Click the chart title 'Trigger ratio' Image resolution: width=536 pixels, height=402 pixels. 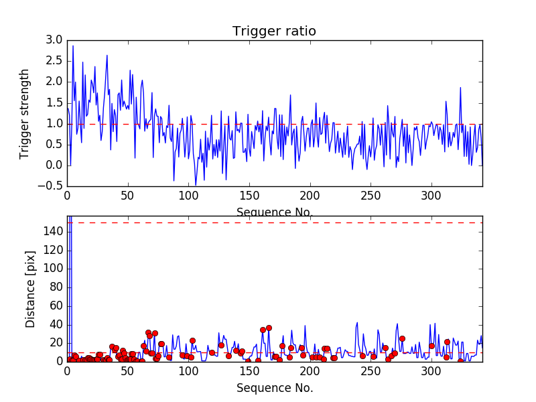click(274, 31)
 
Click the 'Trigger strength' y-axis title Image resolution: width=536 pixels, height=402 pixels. click(25, 113)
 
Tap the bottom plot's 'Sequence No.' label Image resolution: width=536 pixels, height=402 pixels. click(275, 388)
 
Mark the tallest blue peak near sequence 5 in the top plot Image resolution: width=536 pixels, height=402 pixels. click(73, 46)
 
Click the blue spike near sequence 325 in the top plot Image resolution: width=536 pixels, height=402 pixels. click(461, 88)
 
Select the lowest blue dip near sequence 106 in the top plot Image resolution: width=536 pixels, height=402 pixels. click(196, 184)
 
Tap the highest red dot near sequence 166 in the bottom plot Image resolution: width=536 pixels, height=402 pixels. click(269, 328)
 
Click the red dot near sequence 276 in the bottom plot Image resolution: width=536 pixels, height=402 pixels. click(402, 338)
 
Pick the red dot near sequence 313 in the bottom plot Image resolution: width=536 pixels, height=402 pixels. click(447, 342)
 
